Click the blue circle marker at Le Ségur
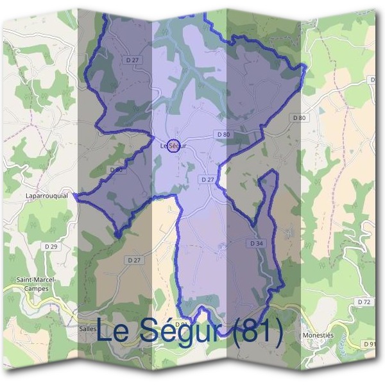click(173, 146)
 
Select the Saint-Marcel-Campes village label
click(37, 284)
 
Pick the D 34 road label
click(255, 244)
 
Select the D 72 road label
click(364, 302)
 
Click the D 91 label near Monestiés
click(370, 345)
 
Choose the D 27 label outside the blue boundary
click(133, 260)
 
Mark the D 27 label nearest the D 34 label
click(207, 180)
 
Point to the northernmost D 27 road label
click(133, 60)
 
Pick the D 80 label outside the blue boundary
click(300, 117)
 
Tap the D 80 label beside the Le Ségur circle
click(223, 134)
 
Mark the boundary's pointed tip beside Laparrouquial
click(75, 193)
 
